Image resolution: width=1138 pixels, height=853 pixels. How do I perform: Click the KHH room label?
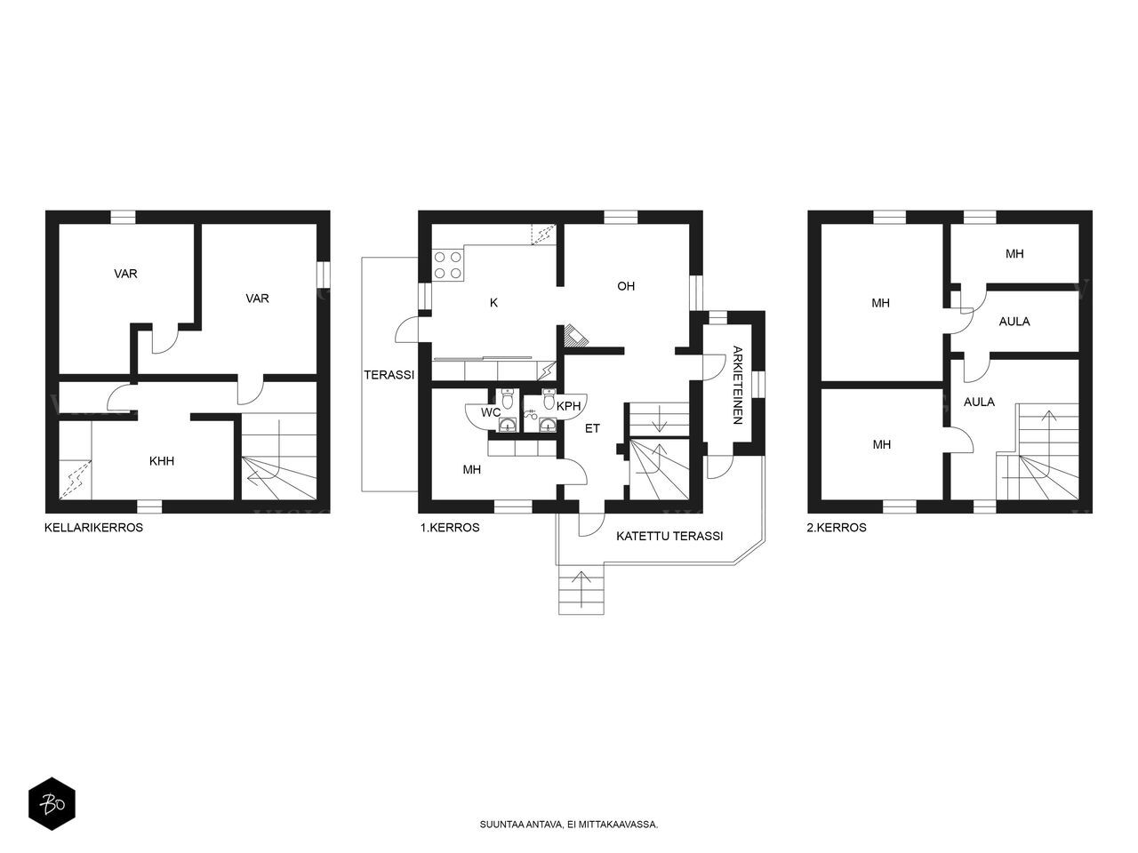[162, 461]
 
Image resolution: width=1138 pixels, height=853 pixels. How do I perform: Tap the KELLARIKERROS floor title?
[94, 528]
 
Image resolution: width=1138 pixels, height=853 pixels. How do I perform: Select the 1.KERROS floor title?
[450, 528]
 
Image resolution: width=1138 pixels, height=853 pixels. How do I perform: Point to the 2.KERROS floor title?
[837, 528]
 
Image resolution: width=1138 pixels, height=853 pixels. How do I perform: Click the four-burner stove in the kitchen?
[448, 265]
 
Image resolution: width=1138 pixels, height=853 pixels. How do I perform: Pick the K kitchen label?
[493, 303]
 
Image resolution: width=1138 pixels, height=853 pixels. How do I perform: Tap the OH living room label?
[626, 286]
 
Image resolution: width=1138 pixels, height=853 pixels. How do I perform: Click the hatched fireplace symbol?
[576, 335]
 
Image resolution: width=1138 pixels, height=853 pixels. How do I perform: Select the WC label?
[491, 413]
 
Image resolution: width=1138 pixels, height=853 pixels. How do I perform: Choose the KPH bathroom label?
[569, 407]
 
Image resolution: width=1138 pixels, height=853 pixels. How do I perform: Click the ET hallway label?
[593, 428]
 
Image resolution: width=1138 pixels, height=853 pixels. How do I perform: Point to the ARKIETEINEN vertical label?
[738, 385]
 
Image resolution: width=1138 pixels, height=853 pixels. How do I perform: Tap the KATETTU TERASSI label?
[669, 536]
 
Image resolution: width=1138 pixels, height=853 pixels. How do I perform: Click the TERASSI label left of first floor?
[389, 375]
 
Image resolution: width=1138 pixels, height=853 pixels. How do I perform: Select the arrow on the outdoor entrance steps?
[581, 589]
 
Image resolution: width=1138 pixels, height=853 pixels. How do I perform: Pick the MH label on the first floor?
[472, 470]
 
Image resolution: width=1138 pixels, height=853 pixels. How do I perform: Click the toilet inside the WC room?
[508, 399]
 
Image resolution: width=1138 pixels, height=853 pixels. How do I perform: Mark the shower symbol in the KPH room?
[530, 414]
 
